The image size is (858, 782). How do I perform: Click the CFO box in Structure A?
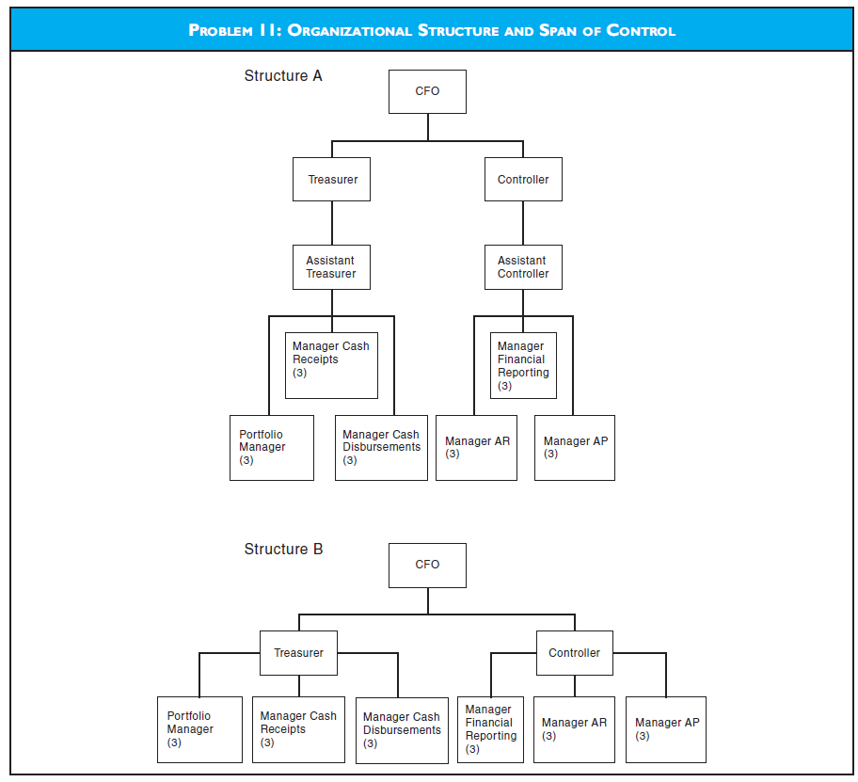coord(427,91)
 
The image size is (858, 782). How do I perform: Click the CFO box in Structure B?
coord(427,565)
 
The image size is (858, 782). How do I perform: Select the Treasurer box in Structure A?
coord(331,179)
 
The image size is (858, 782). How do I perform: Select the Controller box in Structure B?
coord(574,652)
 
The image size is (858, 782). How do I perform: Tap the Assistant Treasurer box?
coord(331,267)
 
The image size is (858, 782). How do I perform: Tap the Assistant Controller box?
coord(523,267)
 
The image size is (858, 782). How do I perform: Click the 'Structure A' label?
coord(283,76)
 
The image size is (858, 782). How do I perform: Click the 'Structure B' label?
coord(283,549)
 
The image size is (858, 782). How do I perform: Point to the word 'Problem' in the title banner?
coord(221,30)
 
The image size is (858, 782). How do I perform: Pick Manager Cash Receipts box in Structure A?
coord(331,365)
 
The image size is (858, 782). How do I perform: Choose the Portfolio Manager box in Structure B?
coord(199,729)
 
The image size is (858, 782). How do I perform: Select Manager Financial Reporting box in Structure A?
coord(523,365)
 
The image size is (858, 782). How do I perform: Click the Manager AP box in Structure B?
coord(666,729)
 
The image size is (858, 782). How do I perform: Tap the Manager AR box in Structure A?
coord(476,447)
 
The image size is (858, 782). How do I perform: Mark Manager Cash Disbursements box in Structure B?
coord(402,730)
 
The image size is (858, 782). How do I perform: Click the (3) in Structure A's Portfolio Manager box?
coord(246,460)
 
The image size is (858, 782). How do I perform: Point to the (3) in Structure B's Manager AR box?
coord(549,736)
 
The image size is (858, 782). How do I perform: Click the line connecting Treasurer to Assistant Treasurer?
coord(332,223)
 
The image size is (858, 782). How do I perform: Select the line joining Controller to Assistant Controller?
coord(524,223)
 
